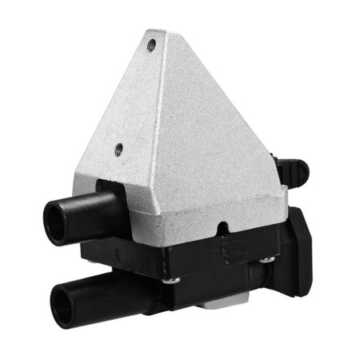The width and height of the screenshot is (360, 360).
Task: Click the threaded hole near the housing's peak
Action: coord(150,46)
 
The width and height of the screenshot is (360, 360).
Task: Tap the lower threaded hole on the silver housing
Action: coord(118,148)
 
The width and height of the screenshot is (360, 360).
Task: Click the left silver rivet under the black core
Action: coord(170,280)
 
